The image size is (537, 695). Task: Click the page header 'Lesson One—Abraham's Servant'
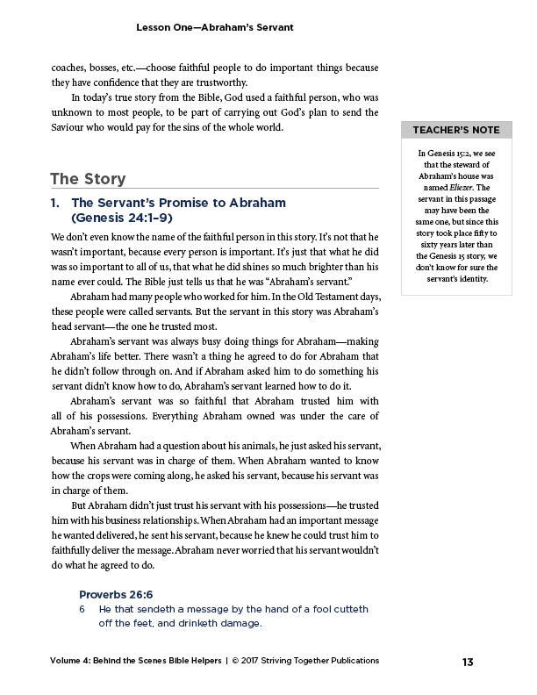pos(214,28)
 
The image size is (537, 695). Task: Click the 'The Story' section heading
pos(88,179)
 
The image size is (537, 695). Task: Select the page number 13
pos(468,661)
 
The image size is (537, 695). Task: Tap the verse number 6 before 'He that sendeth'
pos(82,609)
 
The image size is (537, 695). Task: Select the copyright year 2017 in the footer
pos(254,661)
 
